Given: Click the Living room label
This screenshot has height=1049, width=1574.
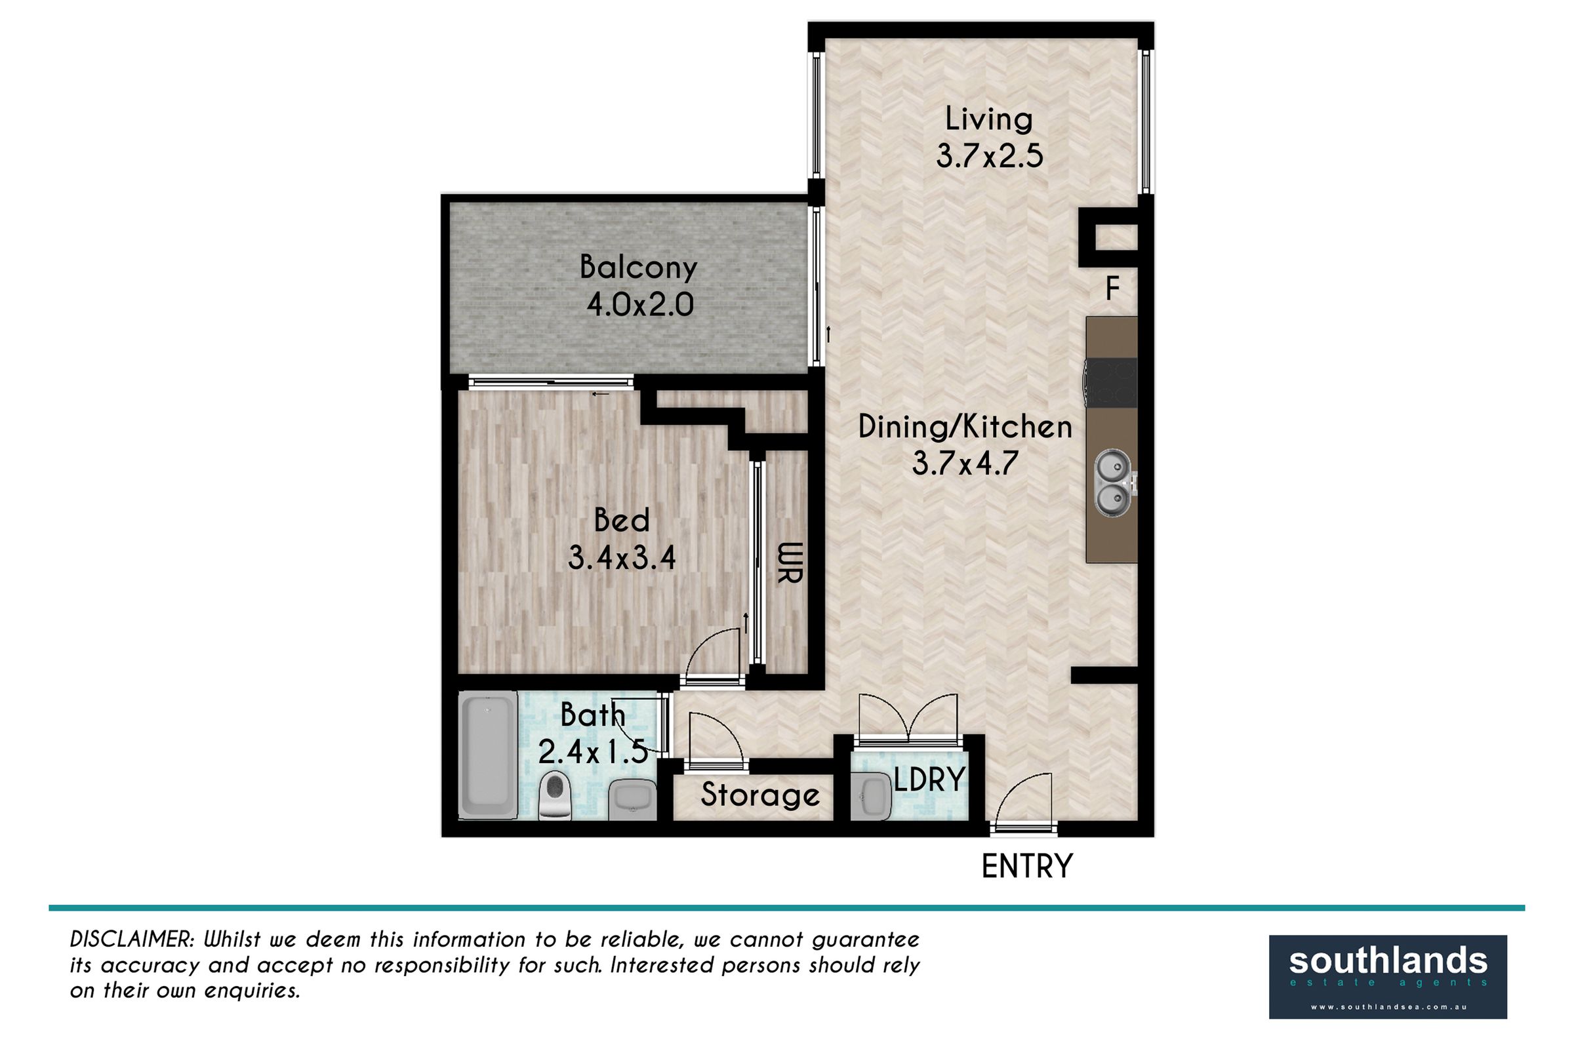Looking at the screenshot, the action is tap(988, 120).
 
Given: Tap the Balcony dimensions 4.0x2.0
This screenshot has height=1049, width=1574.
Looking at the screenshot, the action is tap(640, 306).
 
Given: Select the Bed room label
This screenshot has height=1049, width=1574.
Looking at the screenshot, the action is tap(622, 521).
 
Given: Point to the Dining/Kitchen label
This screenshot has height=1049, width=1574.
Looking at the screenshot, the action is tap(965, 427).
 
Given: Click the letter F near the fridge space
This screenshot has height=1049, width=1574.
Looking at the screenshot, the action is tap(1112, 289).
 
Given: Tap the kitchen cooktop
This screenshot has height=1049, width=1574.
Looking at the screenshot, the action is tap(1112, 383).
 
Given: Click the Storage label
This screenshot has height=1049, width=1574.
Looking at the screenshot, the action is tap(760, 795).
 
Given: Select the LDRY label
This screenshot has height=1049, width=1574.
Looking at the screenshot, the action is tap(929, 780).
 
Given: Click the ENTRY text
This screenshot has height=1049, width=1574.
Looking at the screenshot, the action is tap(1027, 866).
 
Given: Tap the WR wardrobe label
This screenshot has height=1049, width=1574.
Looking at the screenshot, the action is tap(789, 563).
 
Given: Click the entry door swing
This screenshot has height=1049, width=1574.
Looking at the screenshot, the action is tap(1022, 800).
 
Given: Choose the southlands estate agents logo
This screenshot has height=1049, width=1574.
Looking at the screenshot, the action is tap(1388, 977).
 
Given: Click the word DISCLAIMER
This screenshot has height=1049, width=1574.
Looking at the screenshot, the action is tap(132, 940).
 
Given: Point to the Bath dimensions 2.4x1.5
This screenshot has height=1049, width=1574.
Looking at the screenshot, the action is tap(593, 754).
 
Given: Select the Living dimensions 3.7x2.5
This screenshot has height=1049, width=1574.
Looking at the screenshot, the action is tap(989, 158).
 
